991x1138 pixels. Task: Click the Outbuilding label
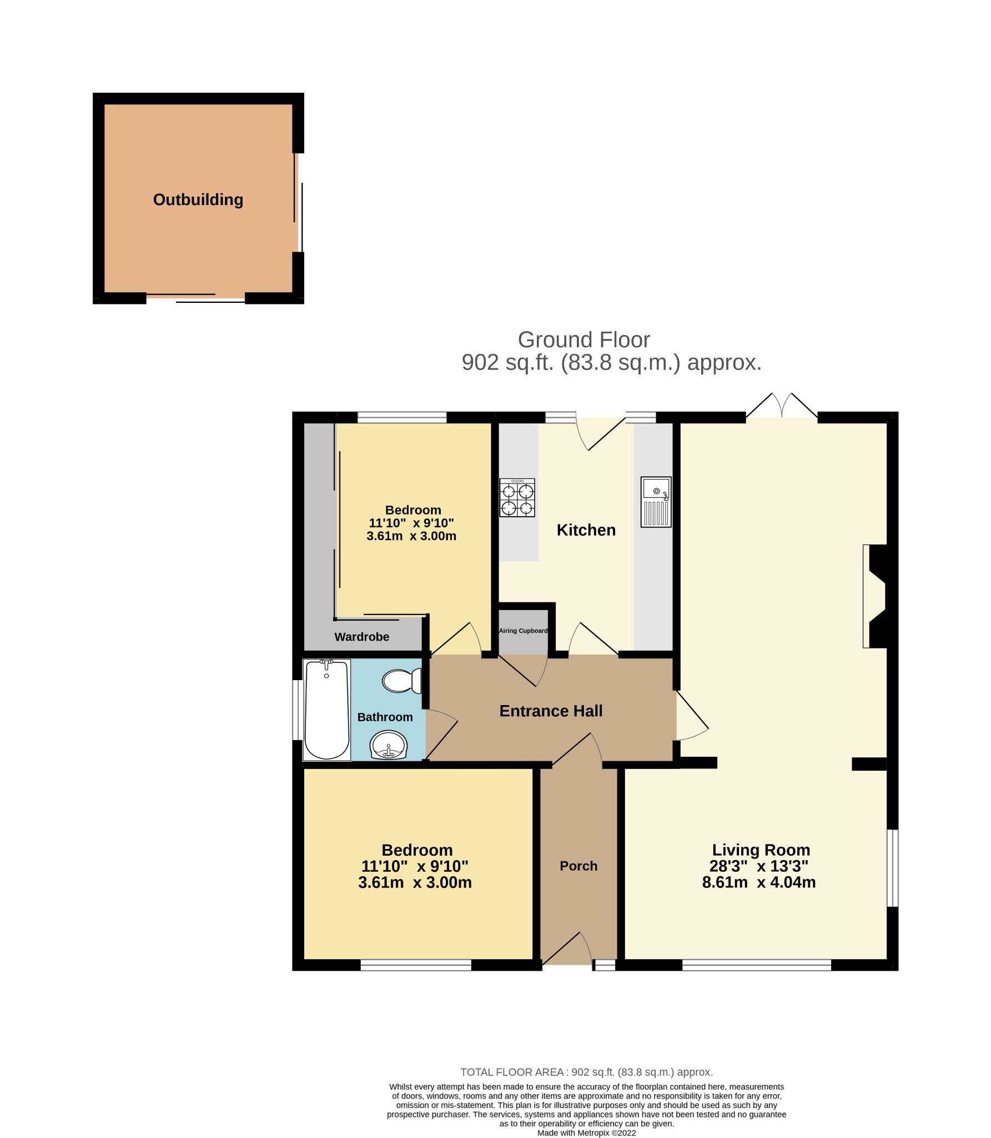coord(198,199)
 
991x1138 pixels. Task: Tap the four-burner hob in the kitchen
coord(516,497)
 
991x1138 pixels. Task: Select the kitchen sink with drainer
coord(656,501)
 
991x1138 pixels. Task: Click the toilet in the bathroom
coord(401,681)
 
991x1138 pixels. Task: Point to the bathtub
coord(327,710)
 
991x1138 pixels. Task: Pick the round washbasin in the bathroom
coord(389,745)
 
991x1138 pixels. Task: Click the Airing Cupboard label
coord(523,631)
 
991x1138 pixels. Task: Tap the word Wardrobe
coord(361,637)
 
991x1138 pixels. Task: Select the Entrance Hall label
coord(551,711)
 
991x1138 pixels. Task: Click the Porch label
coord(578,866)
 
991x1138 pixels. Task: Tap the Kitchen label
coord(586,530)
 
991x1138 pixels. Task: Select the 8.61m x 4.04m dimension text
coord(758,882)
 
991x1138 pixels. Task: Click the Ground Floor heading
coord(583,340)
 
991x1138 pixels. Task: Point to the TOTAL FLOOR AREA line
coord(586,1072)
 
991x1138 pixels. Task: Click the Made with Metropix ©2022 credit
coord(586,1132)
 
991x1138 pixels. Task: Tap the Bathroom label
coord(385,717)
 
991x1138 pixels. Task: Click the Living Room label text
coord(761,850)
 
